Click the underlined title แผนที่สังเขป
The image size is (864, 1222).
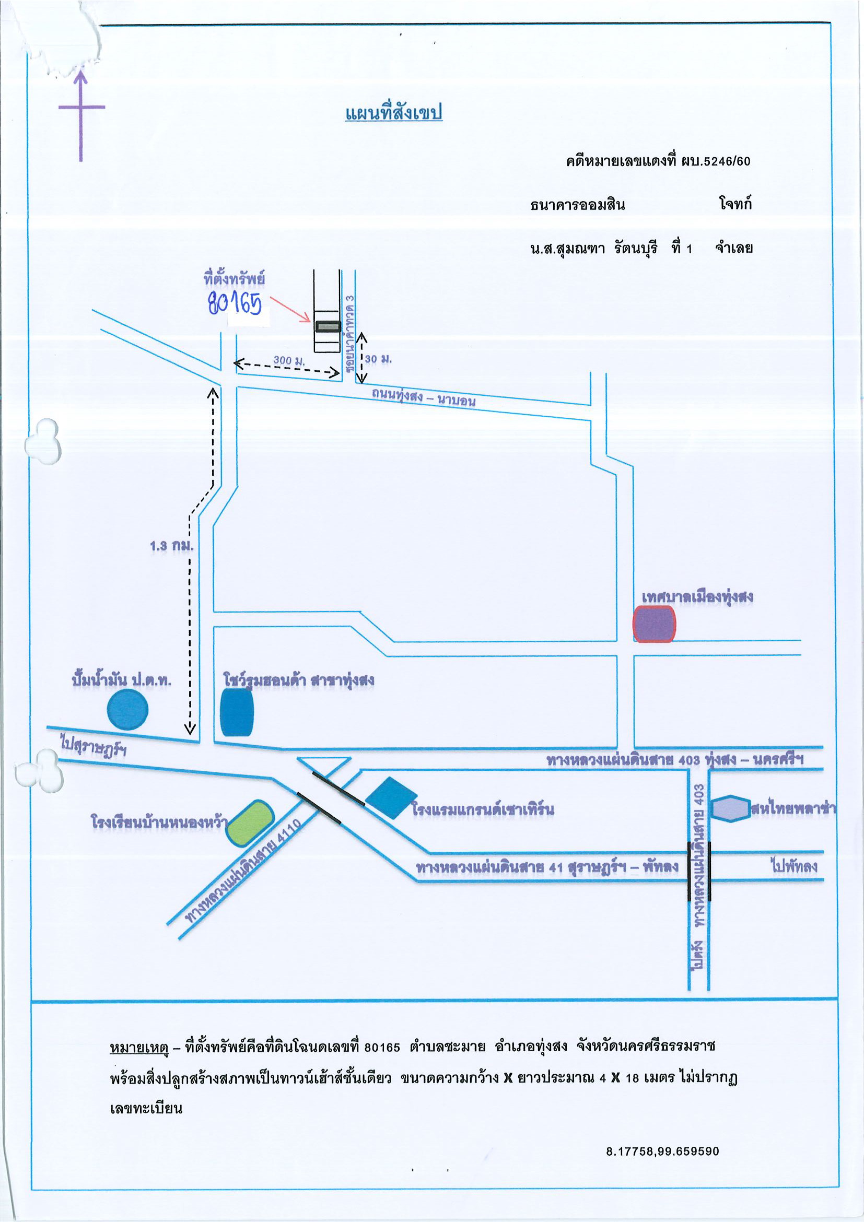(x=393, y=113)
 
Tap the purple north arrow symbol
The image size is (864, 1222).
(x=81, y=114)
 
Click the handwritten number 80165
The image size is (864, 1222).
(x=235, y=303)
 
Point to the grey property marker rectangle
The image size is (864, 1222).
(x=328, y=326)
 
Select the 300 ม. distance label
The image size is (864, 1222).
(x=289, y=360)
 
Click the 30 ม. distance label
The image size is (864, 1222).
(x=378, y=359)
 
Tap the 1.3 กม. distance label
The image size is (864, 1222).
(x=171, y=546)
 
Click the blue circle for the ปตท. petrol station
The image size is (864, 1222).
(x=128, y=710)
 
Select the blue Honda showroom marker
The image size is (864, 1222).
(x=237, y=712)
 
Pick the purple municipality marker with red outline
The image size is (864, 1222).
(x=654, y=624)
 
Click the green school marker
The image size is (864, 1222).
(x=249, y=823)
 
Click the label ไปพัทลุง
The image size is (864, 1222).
(x=793, y=866)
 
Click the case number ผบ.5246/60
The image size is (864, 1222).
(x=717, y=161)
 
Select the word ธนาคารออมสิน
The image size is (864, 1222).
(x=578, y=205)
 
